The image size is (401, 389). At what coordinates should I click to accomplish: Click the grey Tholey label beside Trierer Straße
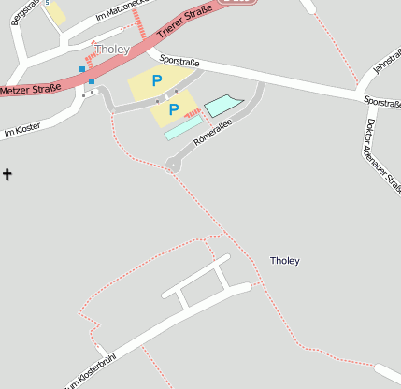(111, 49)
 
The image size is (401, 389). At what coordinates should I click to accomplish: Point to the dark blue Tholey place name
(284, 260)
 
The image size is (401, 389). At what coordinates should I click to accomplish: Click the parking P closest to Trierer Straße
(157, 81)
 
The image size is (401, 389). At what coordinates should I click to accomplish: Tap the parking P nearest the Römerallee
(174, 109)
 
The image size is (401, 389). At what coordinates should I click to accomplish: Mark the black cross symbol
(7, 174)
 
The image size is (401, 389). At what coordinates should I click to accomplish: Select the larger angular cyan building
(222, 105)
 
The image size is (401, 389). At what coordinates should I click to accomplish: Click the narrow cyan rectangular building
(182, 130)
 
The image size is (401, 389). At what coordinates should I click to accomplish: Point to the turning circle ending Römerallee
(173, 165)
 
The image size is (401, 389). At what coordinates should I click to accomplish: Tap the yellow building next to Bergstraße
(56, 13)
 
